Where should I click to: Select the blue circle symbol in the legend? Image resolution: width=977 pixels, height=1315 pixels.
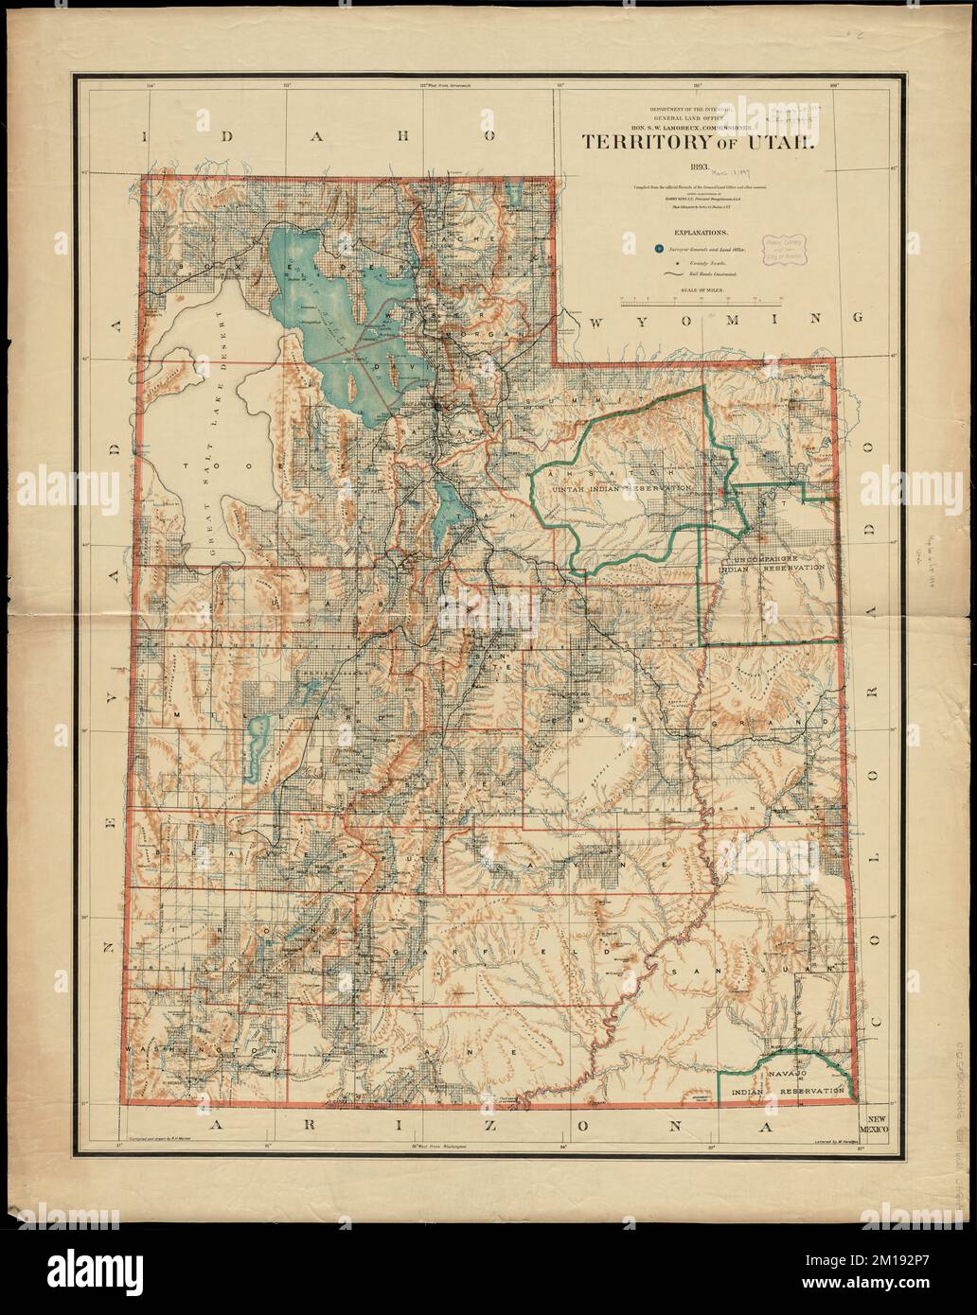[658, 248]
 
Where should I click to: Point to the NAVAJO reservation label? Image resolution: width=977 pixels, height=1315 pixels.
[785, 1076]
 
